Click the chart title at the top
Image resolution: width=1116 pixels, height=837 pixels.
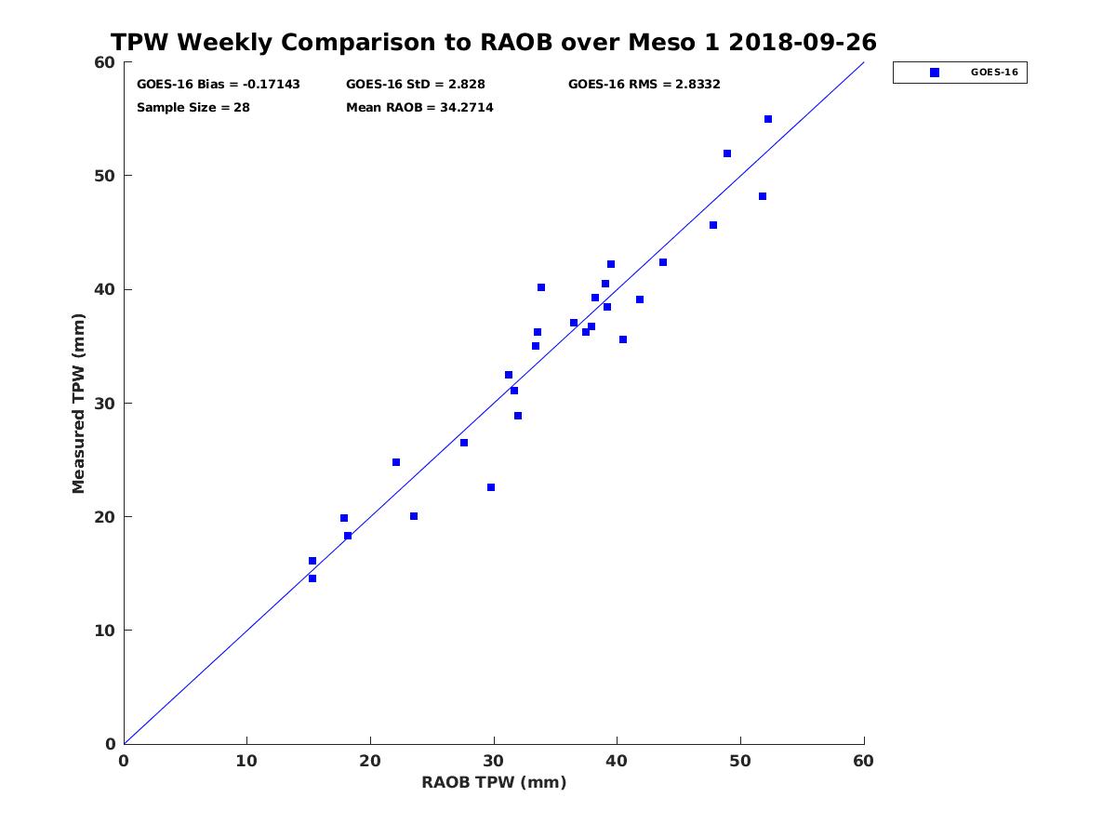pyautogui.click(x=493, y=43)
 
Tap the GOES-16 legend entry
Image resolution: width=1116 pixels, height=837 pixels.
pyautogui.click(x=960, y=73)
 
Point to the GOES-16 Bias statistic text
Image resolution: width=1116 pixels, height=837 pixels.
pyautogui.click(x=219, y=85)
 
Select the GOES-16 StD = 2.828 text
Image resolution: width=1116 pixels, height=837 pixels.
pyautogui.click(x=415, y=85)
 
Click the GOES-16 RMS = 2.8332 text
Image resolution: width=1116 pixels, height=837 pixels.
pyautogui.click(x=644, y=85)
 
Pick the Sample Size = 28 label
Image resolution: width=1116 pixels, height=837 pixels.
pyautogui.click(x=193, y=108)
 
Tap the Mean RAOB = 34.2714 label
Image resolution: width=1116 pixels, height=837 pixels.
pyautogui.click(x=419, y=108)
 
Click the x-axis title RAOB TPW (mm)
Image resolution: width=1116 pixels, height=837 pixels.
pyautogui.click(x=494, y=783)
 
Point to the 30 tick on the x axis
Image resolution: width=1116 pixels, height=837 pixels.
pyautogui.click(x=494, y=762)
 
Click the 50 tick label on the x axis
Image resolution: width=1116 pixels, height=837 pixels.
pyautogui.click(x=740, y=762)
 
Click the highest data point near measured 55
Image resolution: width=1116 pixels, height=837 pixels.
pyautogui.click(x=768, y=119)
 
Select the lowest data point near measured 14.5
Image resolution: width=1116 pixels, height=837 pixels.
pyautogui.click(x=312, y=578)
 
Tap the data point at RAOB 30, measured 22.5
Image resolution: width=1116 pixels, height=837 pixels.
pyautogui.click(x=491, y=487)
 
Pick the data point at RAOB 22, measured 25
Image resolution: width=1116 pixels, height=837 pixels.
pyautogui.click(x=396, y=462)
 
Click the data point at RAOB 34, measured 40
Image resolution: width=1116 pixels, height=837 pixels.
pyautogui.click(x=541, y=287)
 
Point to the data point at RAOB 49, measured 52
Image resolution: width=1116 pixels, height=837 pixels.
pyautogui.click(x=727, y=153)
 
